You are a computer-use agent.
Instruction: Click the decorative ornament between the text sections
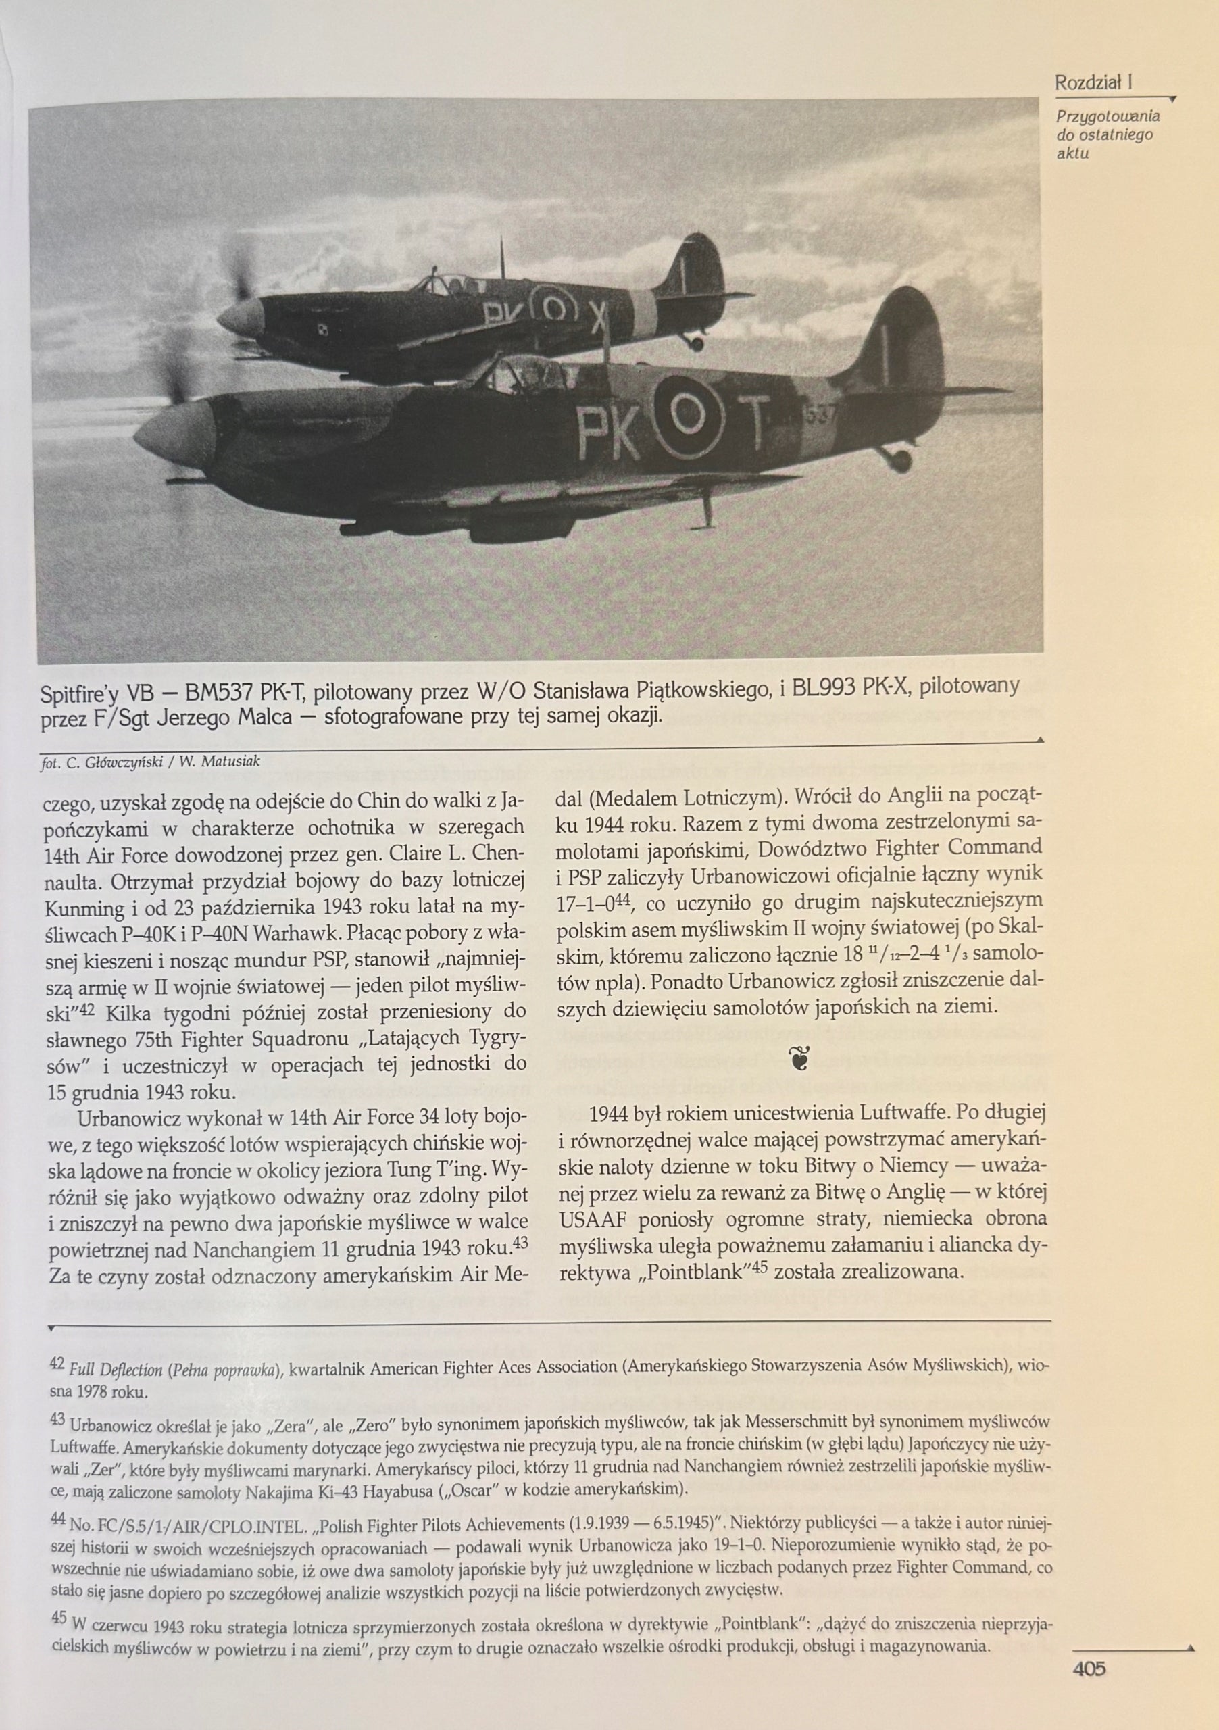click(799, 1060)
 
